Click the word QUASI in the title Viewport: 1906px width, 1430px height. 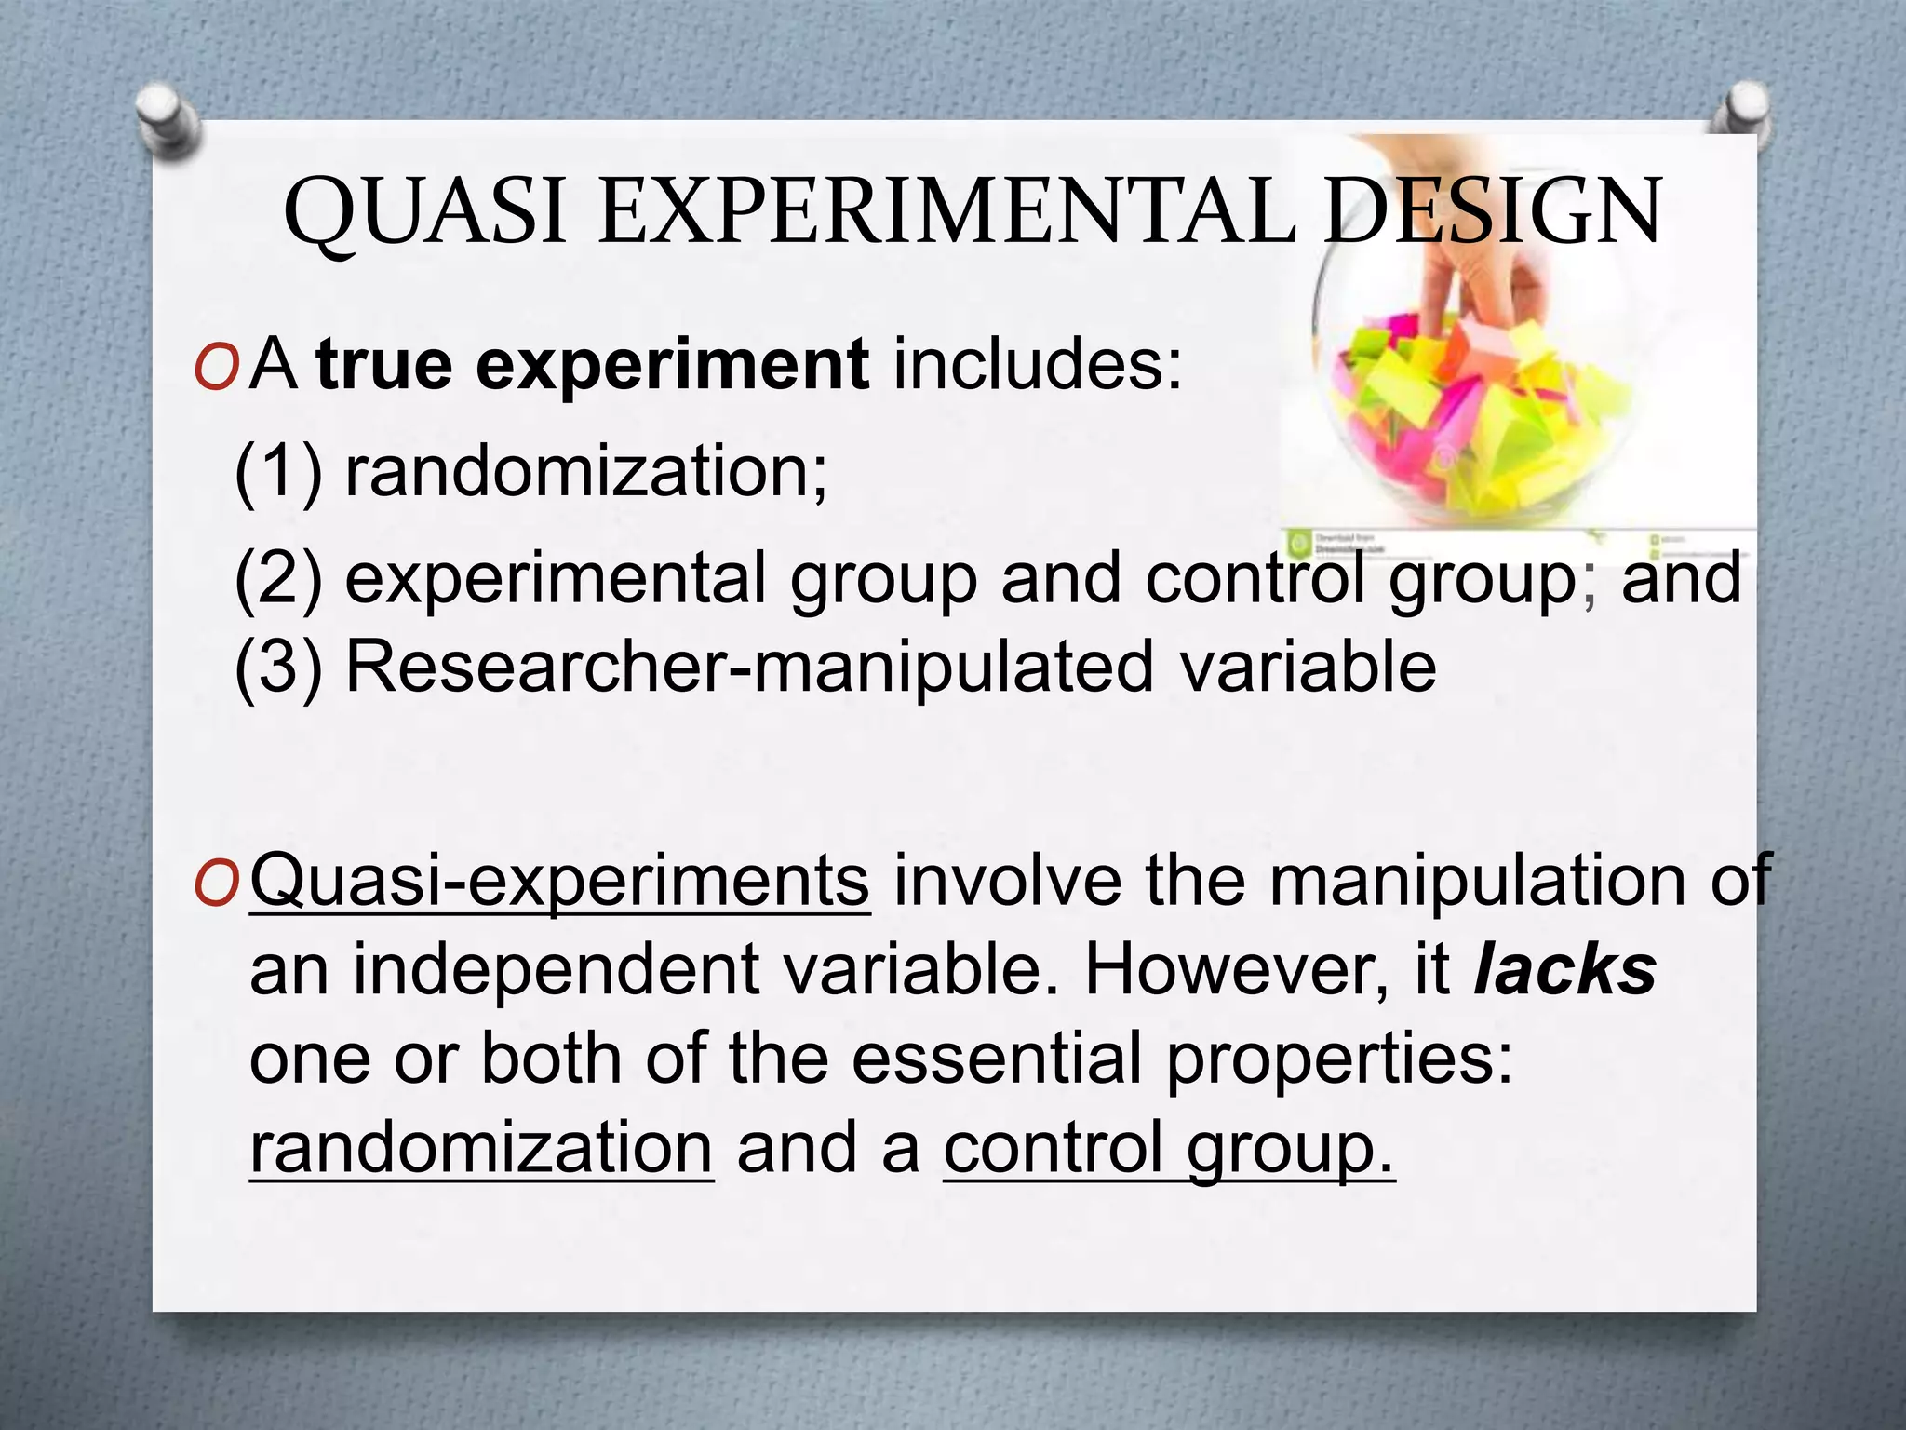click(x=424, y=212)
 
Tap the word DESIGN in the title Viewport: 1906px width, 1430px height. click(x=1493, y=212)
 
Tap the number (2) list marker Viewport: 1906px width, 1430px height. click(x=278, y=578)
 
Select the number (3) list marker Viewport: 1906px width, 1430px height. click(x=278, y=667)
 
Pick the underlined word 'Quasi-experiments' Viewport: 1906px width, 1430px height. click(x=559, y=880)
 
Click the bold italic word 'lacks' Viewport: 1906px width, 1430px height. click(x=1564, y=969)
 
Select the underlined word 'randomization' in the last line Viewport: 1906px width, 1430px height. click(x=481, y=1148)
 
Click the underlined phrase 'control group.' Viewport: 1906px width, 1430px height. click(x=1169, y=1148)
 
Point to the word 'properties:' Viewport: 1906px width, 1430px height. click(x=1339, y=1059)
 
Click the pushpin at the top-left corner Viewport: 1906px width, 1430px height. click(x=168, y=119)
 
